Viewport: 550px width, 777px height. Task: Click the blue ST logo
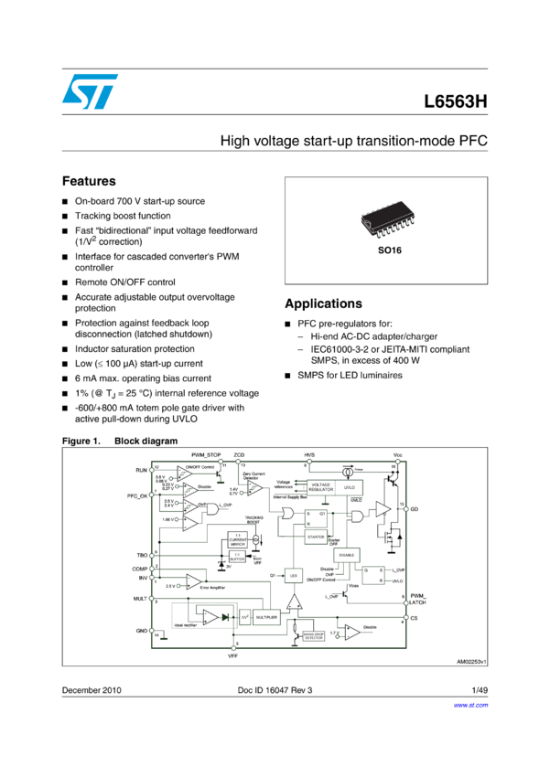90,91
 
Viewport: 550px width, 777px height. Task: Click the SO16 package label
385,248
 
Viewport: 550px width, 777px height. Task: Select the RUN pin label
141,469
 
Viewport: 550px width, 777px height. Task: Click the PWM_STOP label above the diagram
207,454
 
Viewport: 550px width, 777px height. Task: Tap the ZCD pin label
239,454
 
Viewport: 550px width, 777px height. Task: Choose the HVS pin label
308,454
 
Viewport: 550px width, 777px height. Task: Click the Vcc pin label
397,454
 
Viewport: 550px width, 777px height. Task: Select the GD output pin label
415,509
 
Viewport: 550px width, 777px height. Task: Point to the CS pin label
415,619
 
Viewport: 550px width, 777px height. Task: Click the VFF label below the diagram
232,656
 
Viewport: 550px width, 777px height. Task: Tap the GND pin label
140,631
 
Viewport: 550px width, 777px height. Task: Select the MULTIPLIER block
266,617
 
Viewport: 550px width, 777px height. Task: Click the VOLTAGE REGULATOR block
320,486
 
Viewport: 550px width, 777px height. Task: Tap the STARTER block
316,537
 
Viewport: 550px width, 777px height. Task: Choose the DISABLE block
347,555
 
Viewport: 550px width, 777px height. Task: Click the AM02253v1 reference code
470,660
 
